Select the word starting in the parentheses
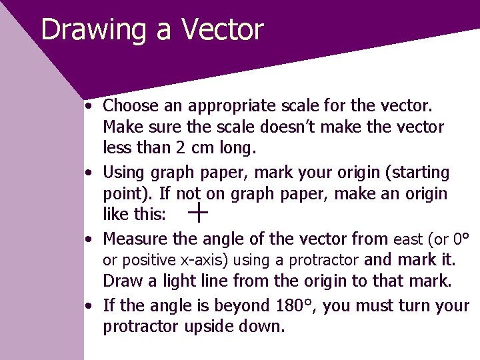(419, 173)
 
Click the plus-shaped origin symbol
(199, 213)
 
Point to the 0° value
(461, 239)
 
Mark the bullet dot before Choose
(89, 106)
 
